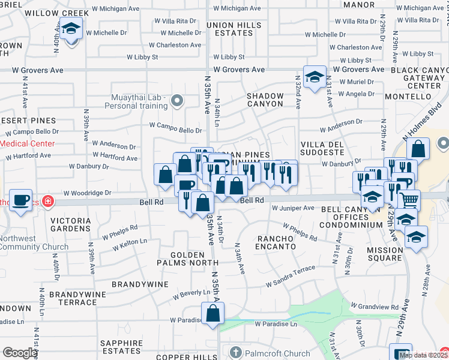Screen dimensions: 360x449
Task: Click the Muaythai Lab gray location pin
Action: click(x=176, y=101)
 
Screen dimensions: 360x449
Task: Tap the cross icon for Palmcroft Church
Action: click(x=237, y=353)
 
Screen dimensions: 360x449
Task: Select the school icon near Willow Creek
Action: click(x=71, y=29)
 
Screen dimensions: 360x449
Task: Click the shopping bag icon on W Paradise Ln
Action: click(x=212, y=313)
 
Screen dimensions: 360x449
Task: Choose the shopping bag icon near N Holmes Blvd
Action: click(x=420, y=149)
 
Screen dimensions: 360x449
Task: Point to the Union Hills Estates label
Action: click(x=234, y=29)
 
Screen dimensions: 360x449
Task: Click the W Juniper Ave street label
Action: click(x=293, y=208)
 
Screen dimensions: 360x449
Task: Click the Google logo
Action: click(x=20, y=352)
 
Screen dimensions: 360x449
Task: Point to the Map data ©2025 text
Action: click(x=423, y=355)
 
